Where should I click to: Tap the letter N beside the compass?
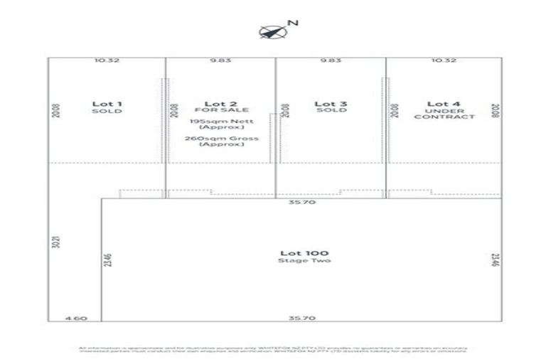point(292,23)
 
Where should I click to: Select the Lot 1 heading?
point(107,104)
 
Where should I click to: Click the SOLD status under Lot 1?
point(107,111)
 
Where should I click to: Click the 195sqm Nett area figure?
point(221,122)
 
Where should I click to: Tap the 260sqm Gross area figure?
point(221,138)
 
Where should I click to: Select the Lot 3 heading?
point(331,104)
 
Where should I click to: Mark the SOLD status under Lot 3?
point(331,111)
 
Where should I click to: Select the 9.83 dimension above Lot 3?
point(331,60)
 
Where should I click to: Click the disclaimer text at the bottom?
point(272,349)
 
